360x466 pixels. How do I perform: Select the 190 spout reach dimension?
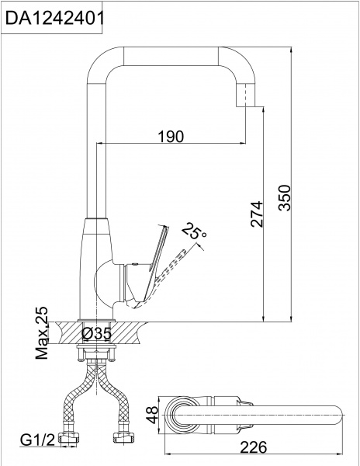[x=171, y=137]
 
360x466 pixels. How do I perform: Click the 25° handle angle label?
[x=194, y=231]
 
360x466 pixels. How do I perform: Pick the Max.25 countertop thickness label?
[x=42, y=333]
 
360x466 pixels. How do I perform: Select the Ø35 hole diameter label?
[x=99, y=335]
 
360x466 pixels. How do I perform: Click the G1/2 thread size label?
[x=36, y=442]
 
